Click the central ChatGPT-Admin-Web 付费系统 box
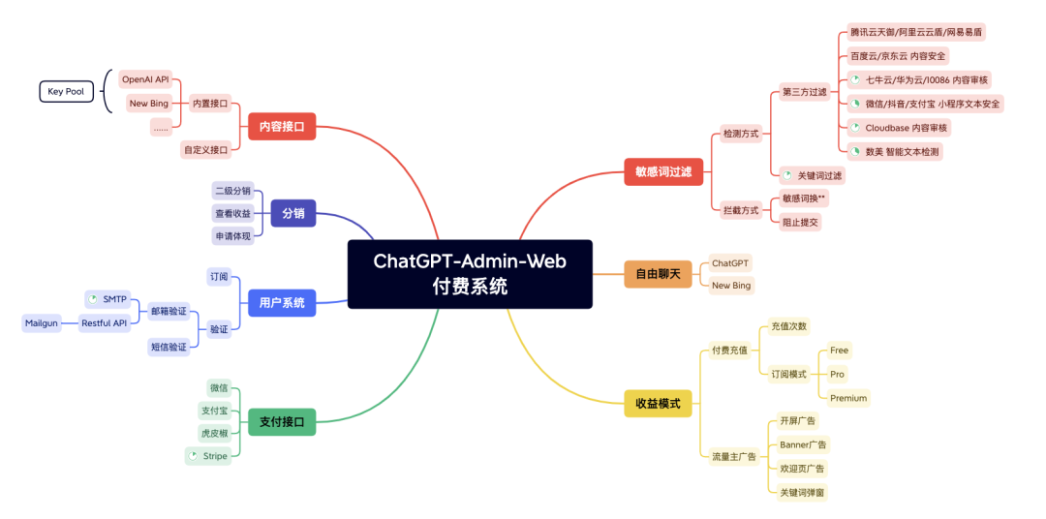(x=470, y=274)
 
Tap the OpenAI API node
(x=145, y=78)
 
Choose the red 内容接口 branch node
(x=282, y=126)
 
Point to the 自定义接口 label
(x=205, y=149)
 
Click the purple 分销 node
(x=293, y=213)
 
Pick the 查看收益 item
(x=232, y=213)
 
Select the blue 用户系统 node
(x=282, y=302)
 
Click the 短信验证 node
(x=169, y=346)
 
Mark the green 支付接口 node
(x=282, y=421)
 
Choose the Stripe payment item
(x=208, y=455)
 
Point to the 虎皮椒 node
(x=214, y=432)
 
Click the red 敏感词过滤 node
(x=663, y=171)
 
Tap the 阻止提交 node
(x=801, y=221)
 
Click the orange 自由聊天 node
(x=658, y=274)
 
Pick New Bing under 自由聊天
(x=731, y=286)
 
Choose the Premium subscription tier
(x=848, y=398)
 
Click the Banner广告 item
(x=803, y=444)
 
